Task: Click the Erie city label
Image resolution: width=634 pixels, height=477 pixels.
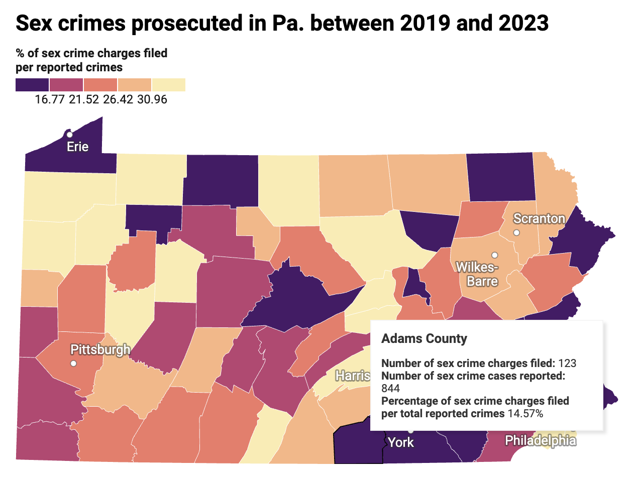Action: pyautogui.click(x=78, y=147)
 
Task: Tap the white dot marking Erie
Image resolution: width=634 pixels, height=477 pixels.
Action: pyautogui.click(x=70, y=135)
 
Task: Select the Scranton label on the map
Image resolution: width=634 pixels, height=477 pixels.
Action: pyautogui.click(x=539, y=219)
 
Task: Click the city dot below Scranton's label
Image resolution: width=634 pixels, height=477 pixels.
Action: pyautogui.click(x=516, y=232)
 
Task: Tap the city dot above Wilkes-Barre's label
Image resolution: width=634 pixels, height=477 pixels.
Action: pyautogui.click(x=494, y=255)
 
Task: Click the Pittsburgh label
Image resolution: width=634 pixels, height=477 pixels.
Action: pyautogui.click(x=100, y=349)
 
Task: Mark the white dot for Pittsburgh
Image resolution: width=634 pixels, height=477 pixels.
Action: pyautogui.click(x=73, y=363)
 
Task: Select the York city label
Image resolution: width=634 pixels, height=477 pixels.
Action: pyautogui.click(x=401, y=442)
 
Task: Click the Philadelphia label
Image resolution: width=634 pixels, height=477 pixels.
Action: pyautogui.click(x=540, y=441)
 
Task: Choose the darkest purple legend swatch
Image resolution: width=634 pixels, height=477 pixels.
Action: pyautogui.click(x=32, y=85)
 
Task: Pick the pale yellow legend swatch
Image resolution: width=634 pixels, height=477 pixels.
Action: pyautogui.click(x=169, y=85)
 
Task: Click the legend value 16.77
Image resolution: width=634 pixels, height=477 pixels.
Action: pyautogui.click(x=49, y=99)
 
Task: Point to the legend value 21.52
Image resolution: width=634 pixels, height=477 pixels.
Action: pyautogui.click(x=83, y=99)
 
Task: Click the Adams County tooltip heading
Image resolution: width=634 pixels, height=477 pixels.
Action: pyautogui.click(x=424, y=339)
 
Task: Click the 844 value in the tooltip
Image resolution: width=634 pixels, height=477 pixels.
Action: pyautogui.click(x=390, y=389)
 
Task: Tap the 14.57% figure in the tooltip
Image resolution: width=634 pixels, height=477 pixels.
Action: pyautogui.click(x=524, y=414)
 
